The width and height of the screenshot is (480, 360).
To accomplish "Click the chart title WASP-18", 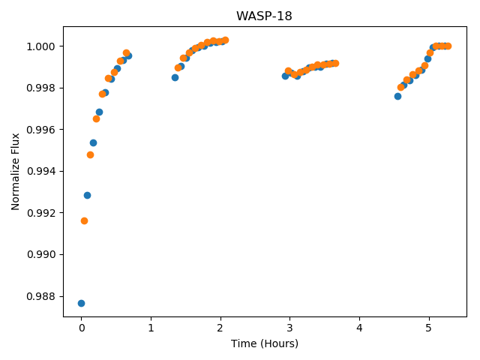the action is [264, 16].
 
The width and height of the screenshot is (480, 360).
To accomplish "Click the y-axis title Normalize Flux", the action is [15, 172].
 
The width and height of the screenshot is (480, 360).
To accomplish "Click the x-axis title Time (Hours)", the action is [265, 343].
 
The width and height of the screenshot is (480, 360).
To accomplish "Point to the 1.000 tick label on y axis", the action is [40, 46].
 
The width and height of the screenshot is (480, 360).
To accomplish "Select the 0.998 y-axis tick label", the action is [40, 88].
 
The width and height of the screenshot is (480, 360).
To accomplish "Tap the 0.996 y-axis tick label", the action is [40, 130].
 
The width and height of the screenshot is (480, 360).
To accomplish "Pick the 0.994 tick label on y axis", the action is [40, 172].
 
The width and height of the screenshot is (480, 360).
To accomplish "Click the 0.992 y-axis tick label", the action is [40, 213].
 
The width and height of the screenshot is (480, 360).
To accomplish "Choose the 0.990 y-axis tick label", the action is [40, 255].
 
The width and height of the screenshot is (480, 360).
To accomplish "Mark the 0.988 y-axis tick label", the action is [40, 297].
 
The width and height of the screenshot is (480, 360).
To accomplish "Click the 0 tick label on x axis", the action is [82, 328].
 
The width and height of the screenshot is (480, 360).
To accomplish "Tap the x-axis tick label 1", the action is [151, 328].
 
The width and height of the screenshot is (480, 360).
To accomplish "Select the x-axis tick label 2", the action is [220, 328].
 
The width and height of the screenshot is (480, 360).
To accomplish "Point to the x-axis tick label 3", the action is [289, 328].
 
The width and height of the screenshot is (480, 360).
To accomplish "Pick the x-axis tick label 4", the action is [359, 328].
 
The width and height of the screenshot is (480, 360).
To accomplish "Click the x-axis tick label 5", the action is [428, 328].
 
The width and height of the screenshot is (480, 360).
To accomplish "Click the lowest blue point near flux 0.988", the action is [81, 303].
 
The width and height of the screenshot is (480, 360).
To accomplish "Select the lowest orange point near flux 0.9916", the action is [84, 221].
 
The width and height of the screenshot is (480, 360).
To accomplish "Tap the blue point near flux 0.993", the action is [87, 195].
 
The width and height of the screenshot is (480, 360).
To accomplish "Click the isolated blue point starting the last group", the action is [397, 97].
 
